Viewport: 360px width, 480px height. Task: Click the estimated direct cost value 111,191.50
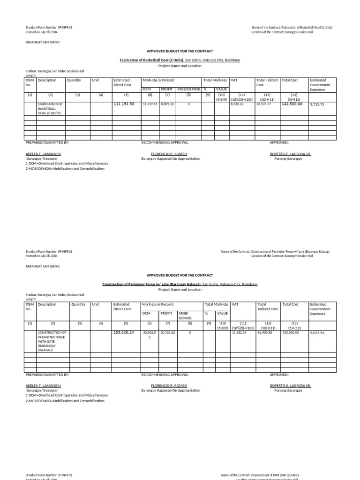pos(124,104)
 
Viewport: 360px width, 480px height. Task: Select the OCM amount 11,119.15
pos(150,104)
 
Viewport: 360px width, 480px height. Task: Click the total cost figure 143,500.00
pos(292,104)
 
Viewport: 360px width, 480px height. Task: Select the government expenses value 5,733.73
pos(317,105)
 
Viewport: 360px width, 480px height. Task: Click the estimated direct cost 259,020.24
pos(124,332)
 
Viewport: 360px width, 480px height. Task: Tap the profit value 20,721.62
pos(168,332)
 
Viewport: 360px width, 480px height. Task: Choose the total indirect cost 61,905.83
pos(265,332)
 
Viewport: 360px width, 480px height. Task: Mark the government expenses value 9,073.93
pos(317,333)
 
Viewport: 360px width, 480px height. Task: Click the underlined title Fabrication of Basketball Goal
pos(152,60)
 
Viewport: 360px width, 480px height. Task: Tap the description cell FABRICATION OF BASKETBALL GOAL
pos(50,108)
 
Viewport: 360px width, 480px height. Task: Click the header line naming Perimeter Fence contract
pos(275,251)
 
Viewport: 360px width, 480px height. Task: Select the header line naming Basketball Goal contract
pos(292,28)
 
